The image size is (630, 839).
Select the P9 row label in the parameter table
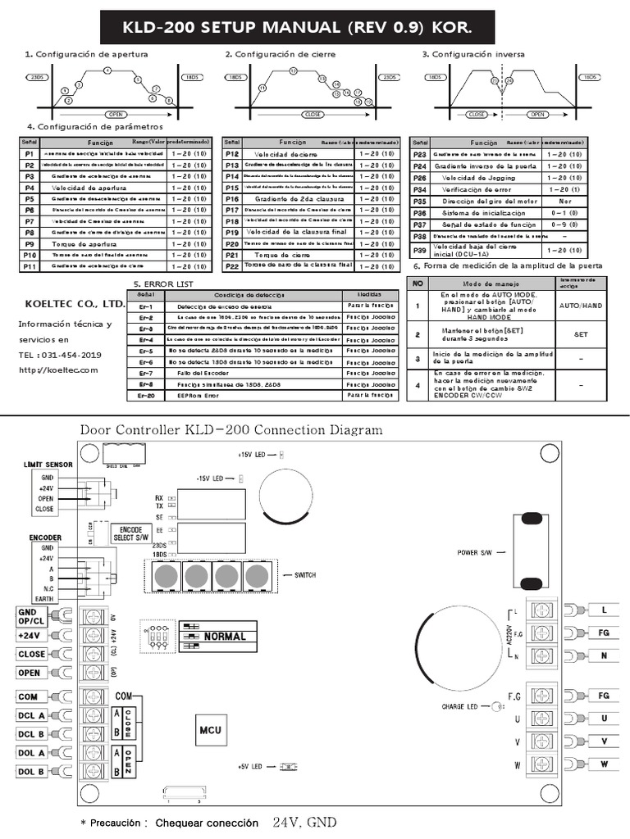pyautogui.click(x=29, y=243)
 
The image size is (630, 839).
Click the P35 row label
pyautogui.click(x=420, y=201)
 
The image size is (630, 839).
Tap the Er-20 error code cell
pyautogui.click(x=146, y=395)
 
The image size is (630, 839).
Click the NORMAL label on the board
pyautogui.click(x=224, y=636)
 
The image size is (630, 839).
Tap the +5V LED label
pyautogui.click(x=249, y=767)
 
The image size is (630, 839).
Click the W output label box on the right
pyautogui.click(x=604, y=764)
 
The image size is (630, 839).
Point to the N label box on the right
pyautogui.click(x=604, y=655)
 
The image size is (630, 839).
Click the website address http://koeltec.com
pyautogui.click(x=58, y=370)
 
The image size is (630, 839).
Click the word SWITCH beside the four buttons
pyautogui.click(x=304, y=576)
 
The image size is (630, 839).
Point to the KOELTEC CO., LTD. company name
pyautogui.click(x=75, y=303)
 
